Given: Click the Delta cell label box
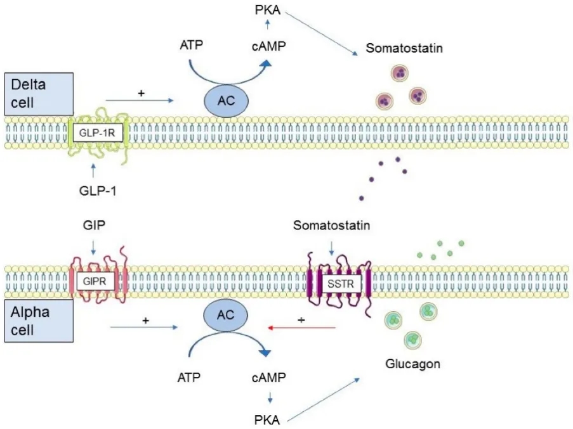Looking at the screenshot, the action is point(39,94).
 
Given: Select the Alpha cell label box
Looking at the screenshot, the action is point(39,321).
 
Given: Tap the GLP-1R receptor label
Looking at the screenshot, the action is point(97,132).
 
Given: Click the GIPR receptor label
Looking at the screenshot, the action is point(95,281).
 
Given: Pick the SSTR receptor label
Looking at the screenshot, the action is point(341,283).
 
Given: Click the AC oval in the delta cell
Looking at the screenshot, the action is point(226,101).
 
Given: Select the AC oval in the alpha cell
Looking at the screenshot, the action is point(225,315).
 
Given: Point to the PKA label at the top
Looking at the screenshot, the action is point(268,10).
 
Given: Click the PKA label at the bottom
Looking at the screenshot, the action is point(267,420).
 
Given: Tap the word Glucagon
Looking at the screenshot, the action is point(412,364).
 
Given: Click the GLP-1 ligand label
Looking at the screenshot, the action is point(98,191).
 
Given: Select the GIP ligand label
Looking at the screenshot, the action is point(95,225).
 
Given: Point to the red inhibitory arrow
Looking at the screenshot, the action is point(302,328).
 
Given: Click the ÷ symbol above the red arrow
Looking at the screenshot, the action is point(301,320).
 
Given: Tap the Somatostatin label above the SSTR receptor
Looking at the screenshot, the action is point(331,225).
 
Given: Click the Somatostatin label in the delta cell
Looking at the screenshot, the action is point(404,48).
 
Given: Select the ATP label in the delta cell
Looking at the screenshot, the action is point(191,45).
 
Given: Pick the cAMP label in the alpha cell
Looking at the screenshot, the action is point(268,377).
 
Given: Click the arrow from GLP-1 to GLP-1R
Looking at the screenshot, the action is point(93,170).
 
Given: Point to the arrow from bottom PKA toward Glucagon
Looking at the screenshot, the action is point(324,400).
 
